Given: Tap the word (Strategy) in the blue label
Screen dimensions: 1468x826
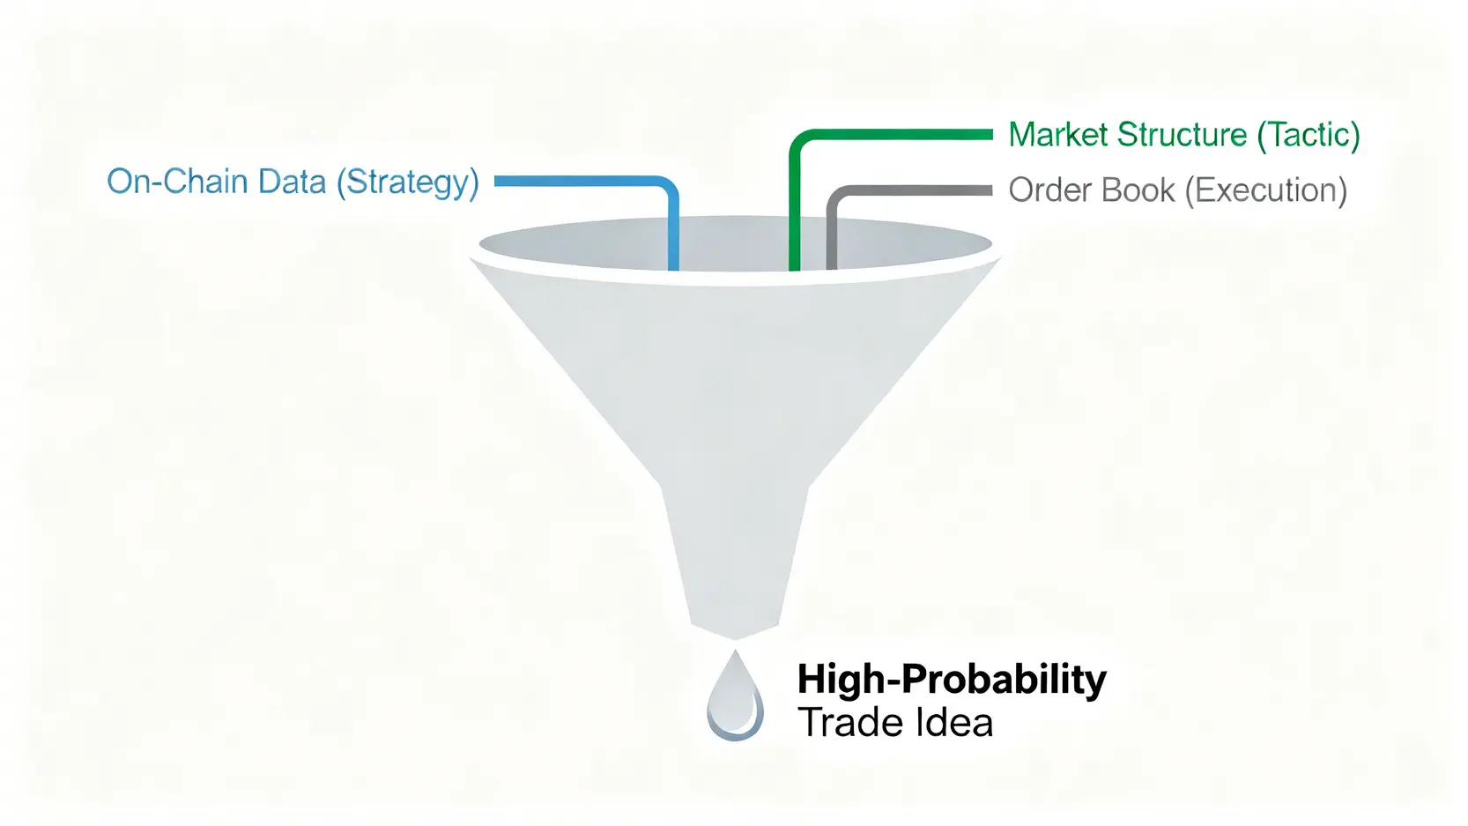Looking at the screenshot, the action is [x=408, y=182].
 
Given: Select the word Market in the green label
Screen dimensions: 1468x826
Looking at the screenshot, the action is [x=1057, y=134].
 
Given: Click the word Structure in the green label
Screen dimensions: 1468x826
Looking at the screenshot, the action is [x=1182, y=134].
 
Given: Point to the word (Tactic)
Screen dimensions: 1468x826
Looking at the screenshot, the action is [x=1309, y=136].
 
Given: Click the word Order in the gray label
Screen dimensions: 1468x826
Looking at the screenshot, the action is [x=1049, y=190].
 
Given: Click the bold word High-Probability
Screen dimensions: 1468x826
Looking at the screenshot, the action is [x=952, y=681].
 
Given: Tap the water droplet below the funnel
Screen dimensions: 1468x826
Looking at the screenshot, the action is [x=735, y=696].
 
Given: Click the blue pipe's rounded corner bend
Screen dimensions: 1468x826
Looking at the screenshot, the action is [x=666, y=188].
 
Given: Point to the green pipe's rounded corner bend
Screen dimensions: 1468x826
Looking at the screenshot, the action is [x=802, y=143].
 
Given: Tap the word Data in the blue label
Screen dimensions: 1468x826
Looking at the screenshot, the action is [x=292, y=182].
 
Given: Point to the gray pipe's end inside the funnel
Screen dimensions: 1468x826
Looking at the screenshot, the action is [x=832, y=266].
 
